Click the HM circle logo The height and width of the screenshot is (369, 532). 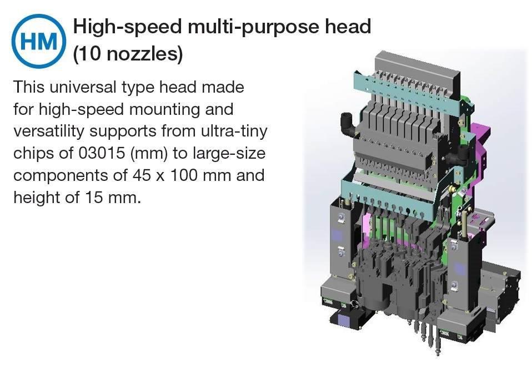(38, 41)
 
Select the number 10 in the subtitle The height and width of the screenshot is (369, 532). (91, 54)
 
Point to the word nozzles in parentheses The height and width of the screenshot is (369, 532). (142, 54)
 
